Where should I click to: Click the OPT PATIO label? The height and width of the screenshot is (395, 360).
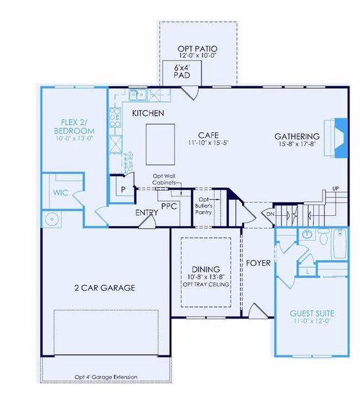pyautogui.click(x=198, y=49)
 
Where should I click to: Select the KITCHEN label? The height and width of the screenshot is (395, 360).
pyautogui.click(x=148, y=114)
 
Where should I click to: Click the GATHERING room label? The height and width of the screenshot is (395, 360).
pyautogui.click(x=297, y=137)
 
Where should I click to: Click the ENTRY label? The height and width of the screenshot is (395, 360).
pyautogui.click(x=146, y=213)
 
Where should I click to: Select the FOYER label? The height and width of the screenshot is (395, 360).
pyautogui.click(x=259, y=263)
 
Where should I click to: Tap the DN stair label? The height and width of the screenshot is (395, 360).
pyautogui.click(x=270, y=215)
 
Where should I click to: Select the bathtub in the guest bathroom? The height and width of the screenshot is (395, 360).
pyautogui.click(x=338, y=243)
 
